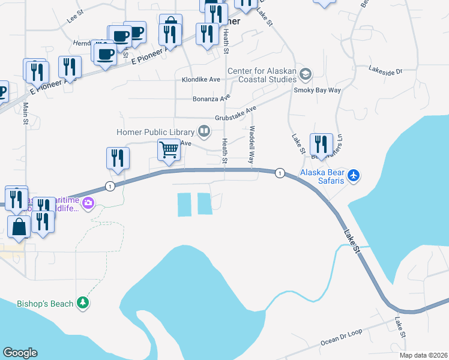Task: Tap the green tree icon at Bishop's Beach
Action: pyautogui.click(x=83, y=304)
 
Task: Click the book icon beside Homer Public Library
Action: pyautogui.click(x=204, y=131)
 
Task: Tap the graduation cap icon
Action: pyautogui.click(x=306, y=74)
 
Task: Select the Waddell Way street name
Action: pyautogui.click(x=252, y=146)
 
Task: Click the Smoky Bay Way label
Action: pyautogui.click(x=317, y=90)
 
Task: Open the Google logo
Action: pyautogui.click(x=20, y=353)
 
